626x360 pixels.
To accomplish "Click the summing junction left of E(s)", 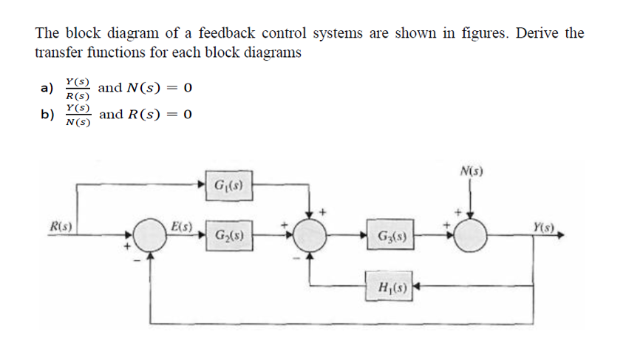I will [x=151, y=237].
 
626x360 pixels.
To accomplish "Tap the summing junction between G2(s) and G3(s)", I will [x=309, y=237].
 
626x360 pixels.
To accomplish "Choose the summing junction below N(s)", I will [x=470, y=237].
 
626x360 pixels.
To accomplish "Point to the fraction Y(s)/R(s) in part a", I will [x=77, y=89].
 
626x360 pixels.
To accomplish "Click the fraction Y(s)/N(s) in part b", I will [x=77, y=115].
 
